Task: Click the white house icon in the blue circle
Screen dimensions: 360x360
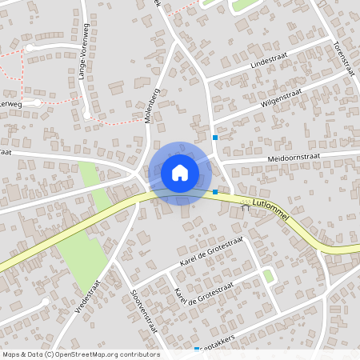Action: pyautogui.click(x=179, y=172)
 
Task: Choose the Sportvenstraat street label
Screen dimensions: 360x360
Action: pyautogui.click(x=144, y=311)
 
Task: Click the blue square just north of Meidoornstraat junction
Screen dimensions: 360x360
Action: pyautogui.click(x=214, y=138)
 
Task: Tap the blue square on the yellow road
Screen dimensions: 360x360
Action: pyautogui.click(x=215, y=192)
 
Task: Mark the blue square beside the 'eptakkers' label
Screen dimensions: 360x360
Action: pyautogui.click(x=197, y=350)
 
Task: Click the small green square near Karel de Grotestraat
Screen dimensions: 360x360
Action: pyautogui.click(x=268, y=276)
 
